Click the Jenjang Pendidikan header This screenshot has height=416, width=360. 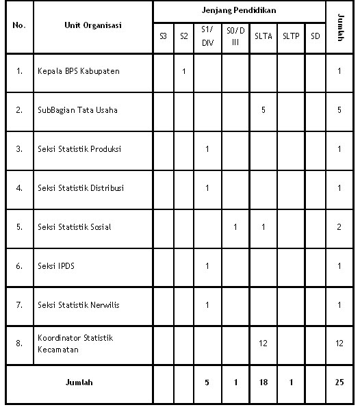coord(239,12)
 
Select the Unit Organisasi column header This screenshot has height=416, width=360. coord(93,25)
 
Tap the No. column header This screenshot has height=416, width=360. coord(19,25)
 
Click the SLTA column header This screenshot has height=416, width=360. coord(263,36)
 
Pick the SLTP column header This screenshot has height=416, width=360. coord(291,36)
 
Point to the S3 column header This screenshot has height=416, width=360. coord(163,36)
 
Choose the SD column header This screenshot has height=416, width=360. coord(315,36)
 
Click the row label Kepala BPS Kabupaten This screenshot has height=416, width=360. coord(79,71)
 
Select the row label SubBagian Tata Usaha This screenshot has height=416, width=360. coord(77,109)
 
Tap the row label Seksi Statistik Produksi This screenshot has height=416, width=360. coord(80,148)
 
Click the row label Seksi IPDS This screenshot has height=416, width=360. coord(56,265)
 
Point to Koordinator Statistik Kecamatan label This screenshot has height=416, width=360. coord(75,343)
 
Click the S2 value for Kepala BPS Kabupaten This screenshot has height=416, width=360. coord(183,71)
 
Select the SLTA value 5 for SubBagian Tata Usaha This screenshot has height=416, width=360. coord(263,109)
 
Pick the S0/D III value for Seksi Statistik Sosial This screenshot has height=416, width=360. coord(235,226)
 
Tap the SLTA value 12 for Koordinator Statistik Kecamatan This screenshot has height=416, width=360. coord(263,343)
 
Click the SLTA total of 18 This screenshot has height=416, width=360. coord(263,382)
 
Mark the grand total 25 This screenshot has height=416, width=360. coord(339,382)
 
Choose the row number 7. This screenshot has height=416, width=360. coord(19,304)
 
